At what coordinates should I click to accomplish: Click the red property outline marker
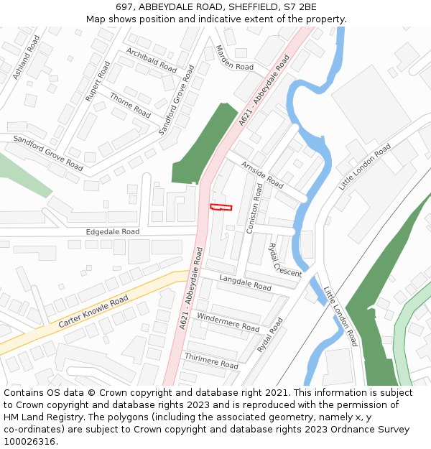221,208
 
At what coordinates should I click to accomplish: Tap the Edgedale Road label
113,232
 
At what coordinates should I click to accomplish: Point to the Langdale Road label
245,282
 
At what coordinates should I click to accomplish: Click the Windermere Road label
227,323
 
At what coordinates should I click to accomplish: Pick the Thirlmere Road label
211,361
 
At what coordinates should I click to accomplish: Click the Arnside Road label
262,175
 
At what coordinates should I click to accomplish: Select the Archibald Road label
151,60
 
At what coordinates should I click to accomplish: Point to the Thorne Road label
130,104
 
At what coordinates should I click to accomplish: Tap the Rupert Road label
98,80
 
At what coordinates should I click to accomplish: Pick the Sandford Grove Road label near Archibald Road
177,101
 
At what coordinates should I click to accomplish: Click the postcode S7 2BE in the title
300,7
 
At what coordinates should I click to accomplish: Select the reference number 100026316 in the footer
29,441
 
